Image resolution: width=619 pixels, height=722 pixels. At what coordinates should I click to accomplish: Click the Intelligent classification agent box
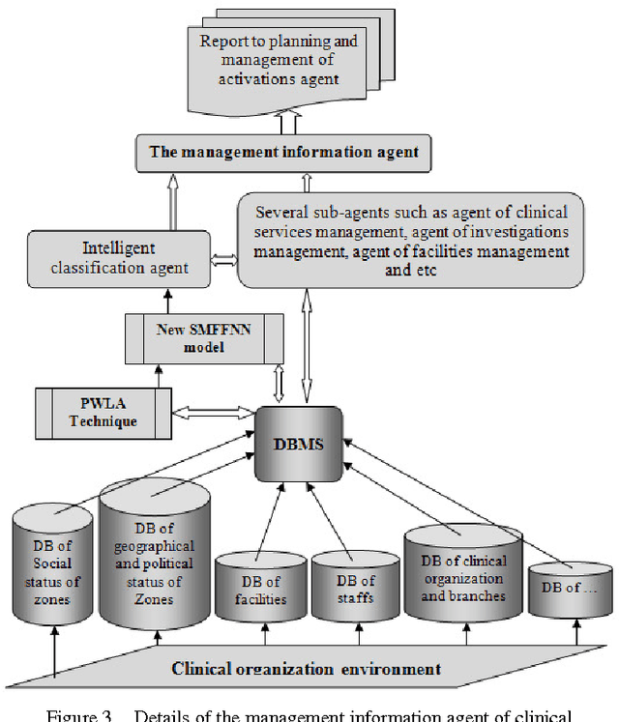120,258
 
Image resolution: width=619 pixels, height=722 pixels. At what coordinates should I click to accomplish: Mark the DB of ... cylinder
569,590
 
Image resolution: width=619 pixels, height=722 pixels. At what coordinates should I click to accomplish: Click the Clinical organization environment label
306,668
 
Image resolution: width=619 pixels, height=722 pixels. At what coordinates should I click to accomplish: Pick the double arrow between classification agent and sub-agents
223,260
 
